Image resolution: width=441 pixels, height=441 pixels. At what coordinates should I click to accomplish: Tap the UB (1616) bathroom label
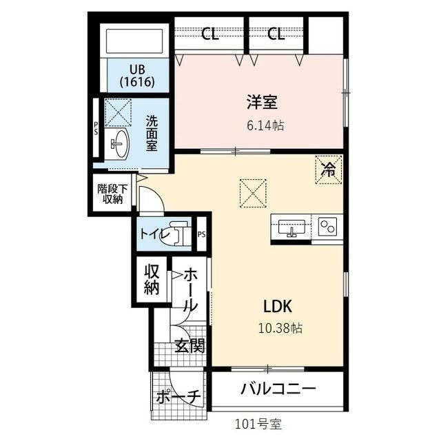coord(136,75)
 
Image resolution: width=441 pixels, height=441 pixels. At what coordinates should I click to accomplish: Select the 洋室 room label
coord(262,103)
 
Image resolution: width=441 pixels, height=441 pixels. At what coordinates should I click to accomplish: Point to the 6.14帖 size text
coord(265,126)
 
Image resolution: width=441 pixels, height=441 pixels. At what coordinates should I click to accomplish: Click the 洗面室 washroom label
coord(152,132)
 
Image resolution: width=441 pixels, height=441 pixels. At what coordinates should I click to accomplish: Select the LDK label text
coord(279,305)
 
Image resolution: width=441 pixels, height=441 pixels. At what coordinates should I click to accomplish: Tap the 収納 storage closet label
coord(152,279)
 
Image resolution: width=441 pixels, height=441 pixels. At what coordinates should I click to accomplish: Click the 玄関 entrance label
coord(189,345)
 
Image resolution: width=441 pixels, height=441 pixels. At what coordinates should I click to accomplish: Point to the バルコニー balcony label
coord(278,389)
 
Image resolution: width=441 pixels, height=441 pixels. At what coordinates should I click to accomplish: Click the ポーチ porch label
coord(177,398)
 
